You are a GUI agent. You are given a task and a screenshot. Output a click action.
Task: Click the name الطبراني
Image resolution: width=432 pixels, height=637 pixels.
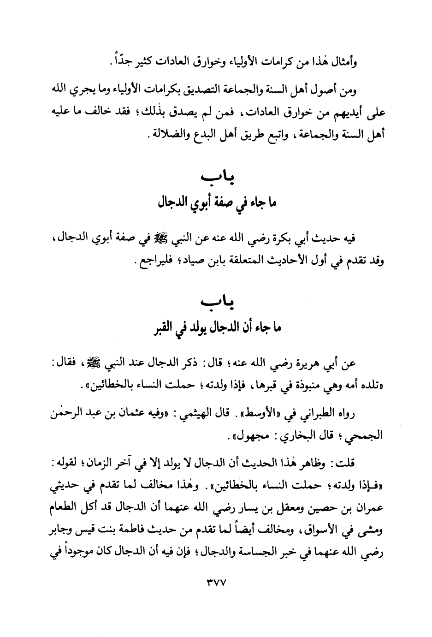[x=322, y=415]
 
